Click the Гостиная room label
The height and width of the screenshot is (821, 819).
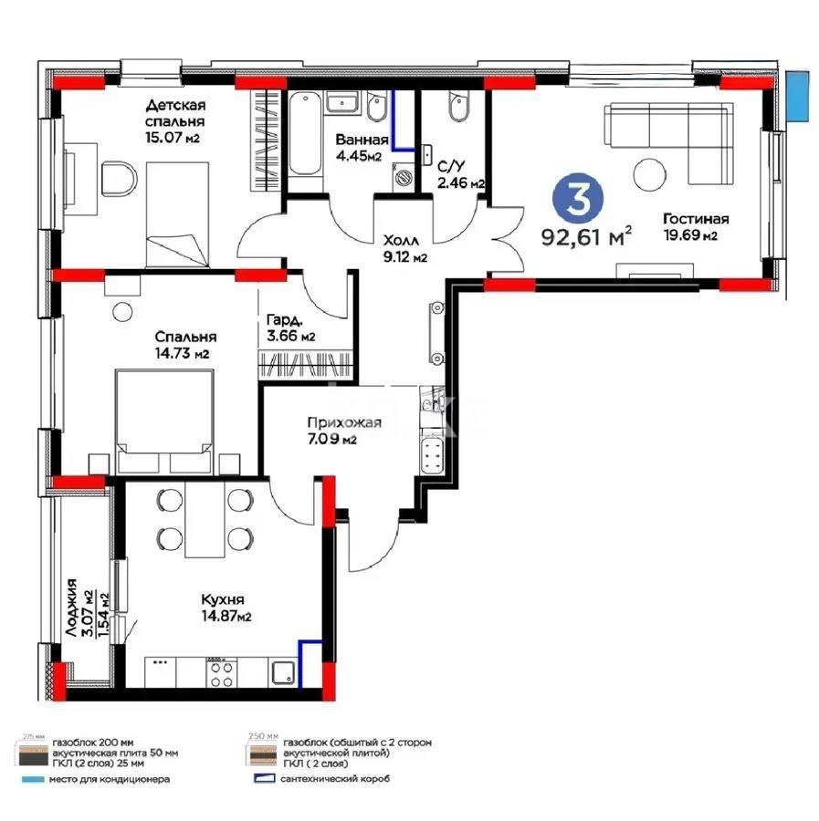tap(695, 219)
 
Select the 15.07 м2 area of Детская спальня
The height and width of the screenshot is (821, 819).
tap(173, 138)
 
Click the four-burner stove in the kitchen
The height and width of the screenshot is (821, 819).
tap(219, 672)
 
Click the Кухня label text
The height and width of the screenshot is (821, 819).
tap(223, 600)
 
